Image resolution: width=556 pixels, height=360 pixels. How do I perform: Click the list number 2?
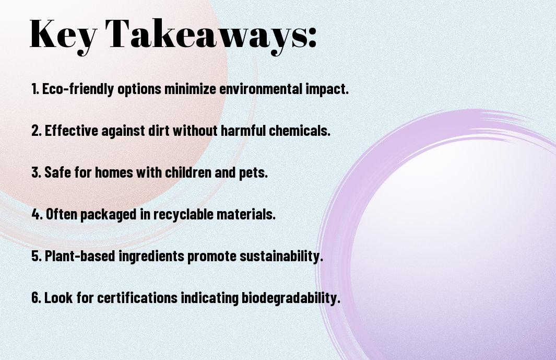pyautogui.click(x=37, y=131)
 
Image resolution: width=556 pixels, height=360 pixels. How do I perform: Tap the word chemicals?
pyautogui.click(x=299, y=131)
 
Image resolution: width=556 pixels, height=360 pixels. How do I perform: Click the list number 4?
pyautogui.click(x=37, y=214)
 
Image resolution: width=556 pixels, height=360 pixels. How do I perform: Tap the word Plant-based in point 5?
pyautogui.click(x=80, y=256)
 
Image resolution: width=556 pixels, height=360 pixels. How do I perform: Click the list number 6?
pyautogui.click(x=37, y=297)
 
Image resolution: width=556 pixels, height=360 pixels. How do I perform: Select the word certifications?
pyautogui.click(x=137, y=297)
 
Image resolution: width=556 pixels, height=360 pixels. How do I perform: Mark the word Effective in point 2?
pyautogui.click(x=72, y=131)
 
